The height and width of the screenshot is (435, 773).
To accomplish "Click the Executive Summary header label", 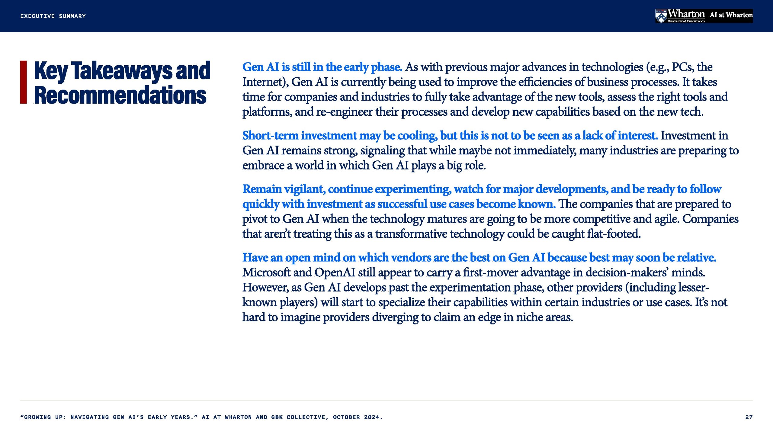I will click(x=53, y=16).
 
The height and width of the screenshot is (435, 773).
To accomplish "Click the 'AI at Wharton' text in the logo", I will click(x=731, y=15).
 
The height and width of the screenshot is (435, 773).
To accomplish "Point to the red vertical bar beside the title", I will click(x=24, y=82).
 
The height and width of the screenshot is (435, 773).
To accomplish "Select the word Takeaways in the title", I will click(x=121, y=71).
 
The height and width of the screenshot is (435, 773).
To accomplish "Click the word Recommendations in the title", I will click(x=120, y=95).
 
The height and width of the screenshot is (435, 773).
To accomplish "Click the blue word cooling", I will click(x=417, y=136).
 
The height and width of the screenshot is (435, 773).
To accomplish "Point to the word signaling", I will click(x=383, y=151).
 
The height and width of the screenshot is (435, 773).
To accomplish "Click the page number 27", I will click(x=749, y=417).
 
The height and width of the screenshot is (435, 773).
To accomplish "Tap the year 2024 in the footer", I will click(x=371, y=417).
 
